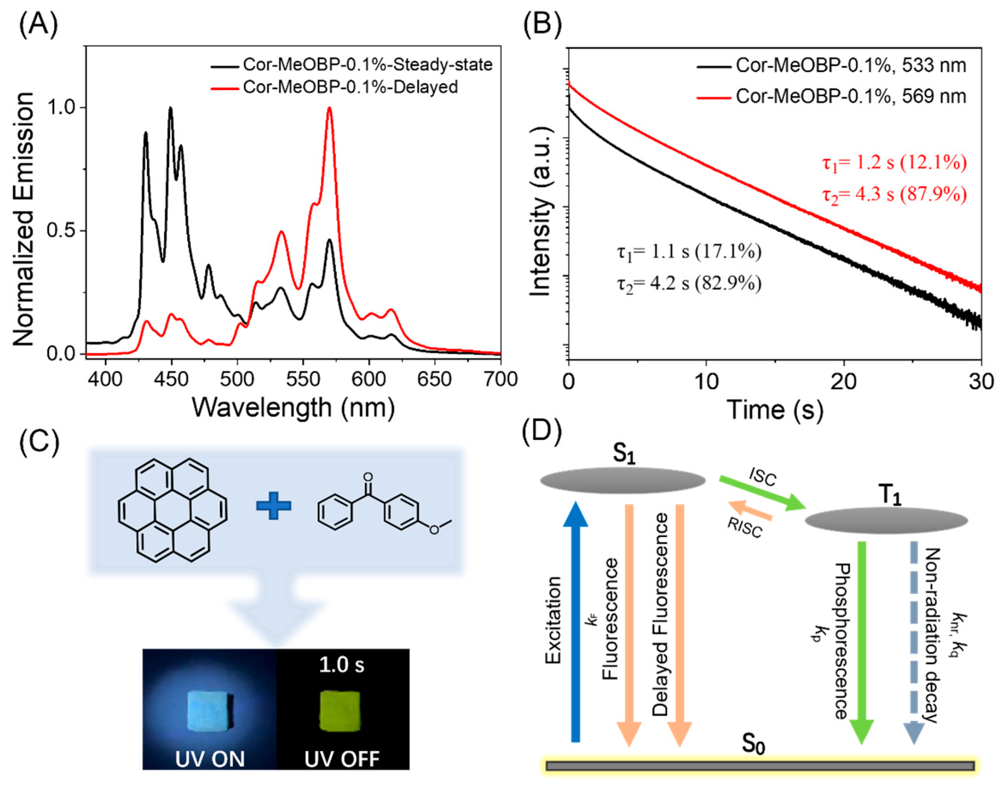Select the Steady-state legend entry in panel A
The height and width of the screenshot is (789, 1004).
pos(367,65)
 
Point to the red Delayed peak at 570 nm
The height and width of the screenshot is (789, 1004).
pos(329,109)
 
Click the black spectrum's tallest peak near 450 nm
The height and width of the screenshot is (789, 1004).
pos(170,109)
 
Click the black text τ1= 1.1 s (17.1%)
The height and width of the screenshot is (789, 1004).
pos(689,252)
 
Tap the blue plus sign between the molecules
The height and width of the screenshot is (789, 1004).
pos(273,505)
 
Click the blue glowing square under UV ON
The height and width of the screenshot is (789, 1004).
pos(208,711)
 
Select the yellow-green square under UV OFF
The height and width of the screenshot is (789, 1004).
pos(340,711)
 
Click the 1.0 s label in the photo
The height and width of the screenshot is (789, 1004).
pos(341,665)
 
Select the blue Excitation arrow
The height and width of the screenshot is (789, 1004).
pos(576,624)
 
